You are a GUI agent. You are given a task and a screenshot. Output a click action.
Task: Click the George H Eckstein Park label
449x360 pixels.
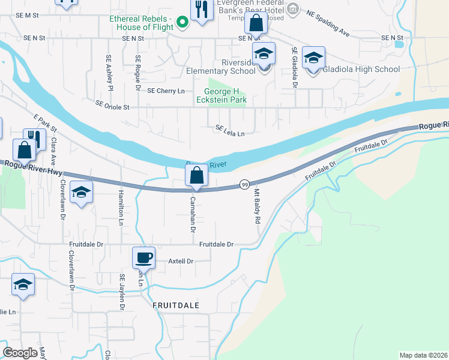[221, 95]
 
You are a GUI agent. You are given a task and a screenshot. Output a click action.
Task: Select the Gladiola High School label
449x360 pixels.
[361, 69]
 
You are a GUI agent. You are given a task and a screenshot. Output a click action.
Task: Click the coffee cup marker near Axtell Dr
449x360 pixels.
[144, 258]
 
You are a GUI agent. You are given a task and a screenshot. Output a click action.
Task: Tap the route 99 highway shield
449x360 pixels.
[244, 184]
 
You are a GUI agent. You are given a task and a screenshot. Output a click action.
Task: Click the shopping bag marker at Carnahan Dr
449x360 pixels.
[196, 176]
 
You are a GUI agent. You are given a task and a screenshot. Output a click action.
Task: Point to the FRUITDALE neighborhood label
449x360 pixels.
[176, 305]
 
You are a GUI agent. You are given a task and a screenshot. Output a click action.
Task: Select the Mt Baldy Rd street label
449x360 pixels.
[256, 206]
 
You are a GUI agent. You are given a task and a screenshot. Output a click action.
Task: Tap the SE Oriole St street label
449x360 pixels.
[112, 105]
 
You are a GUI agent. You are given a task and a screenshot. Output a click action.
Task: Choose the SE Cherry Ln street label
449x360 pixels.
[165, 91]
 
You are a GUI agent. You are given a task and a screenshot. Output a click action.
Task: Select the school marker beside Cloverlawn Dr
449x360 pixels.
[81, 193]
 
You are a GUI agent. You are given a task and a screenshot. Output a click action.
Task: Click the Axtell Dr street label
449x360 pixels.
[181, 261]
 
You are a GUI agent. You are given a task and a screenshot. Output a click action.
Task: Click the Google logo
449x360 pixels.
[20, 353]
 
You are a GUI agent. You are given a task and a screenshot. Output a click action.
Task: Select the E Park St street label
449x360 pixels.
[45, 124]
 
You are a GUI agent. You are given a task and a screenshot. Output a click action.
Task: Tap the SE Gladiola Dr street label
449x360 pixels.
[295, 68]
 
